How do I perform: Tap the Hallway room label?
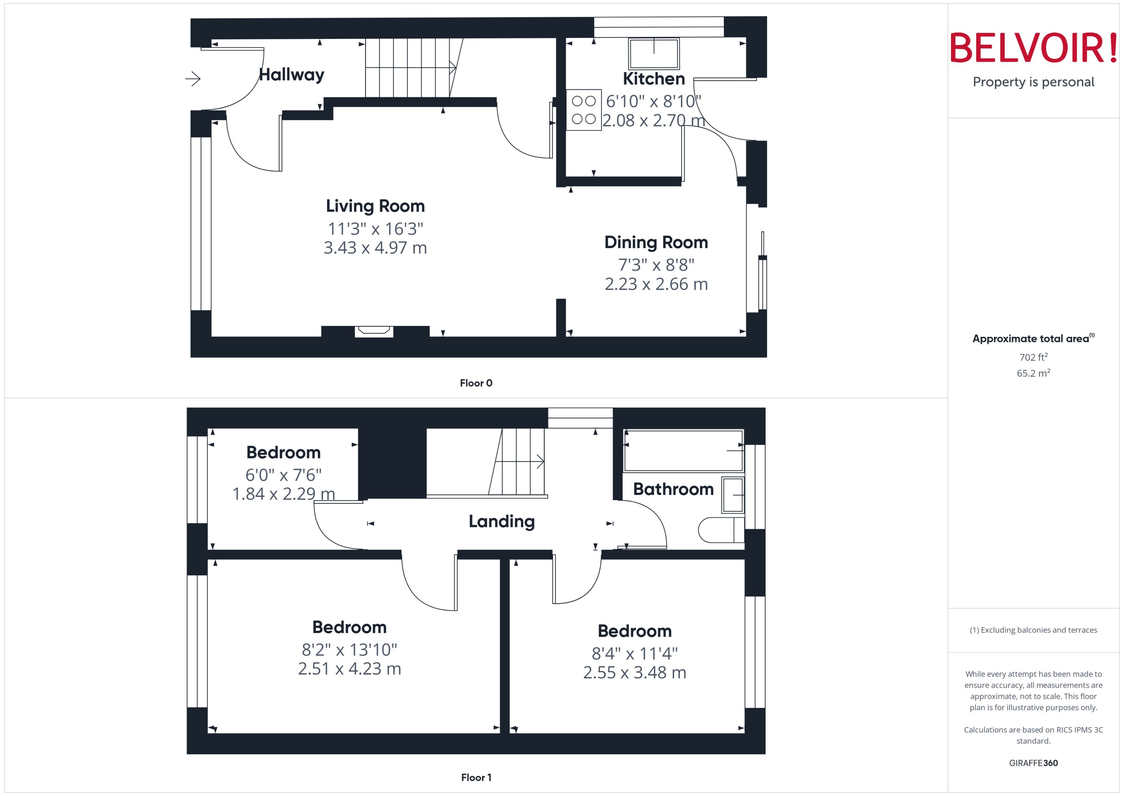coord(291,75)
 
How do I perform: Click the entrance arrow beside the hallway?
coord(193,78)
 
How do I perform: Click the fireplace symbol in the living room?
coord(374,331)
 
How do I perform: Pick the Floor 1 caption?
coord(476,777)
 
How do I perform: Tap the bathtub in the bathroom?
coord(683,451)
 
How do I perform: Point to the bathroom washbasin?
coord(733,495)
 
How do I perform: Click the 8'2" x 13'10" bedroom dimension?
coord(349,650)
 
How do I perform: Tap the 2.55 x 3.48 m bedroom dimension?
coord(634,673)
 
